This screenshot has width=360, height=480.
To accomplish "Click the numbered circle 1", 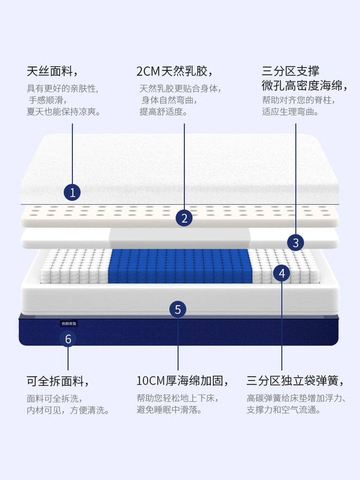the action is pyautogui.click(x=72, y=193).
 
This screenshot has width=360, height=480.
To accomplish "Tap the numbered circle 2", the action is pyautogui.click(x=184, y=218).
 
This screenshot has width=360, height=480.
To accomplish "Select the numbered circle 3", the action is pyautogui.click(x=296, y=243).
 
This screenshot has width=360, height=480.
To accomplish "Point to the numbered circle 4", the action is pyautogui.click(x=282, y=274).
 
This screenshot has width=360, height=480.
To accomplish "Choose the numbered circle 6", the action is pyautogui.click(x=68, y=339).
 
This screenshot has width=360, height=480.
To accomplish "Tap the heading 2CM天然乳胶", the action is pyautogui.click(x=174, y=72).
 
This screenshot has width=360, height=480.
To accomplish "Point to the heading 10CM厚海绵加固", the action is pyautogui.click(x=182, y=382).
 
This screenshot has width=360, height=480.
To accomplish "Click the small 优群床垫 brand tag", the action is pyautogui.click(x=69, y=324).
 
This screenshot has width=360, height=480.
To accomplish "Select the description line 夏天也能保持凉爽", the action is pyautogui.click(x=64, y=112).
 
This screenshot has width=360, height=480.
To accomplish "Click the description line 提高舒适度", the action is pyautogui.click(x=163, y=112).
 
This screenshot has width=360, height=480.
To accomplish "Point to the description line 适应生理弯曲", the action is pyautogui.click(x=290, y=112).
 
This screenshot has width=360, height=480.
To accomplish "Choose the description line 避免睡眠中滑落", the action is pyautogui.click(x=169, y=410).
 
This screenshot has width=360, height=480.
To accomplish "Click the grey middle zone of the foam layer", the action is pyautogui.click(x=180, y=238).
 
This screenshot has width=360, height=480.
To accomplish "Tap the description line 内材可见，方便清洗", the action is pyautogui.click(x=68, y=410).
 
